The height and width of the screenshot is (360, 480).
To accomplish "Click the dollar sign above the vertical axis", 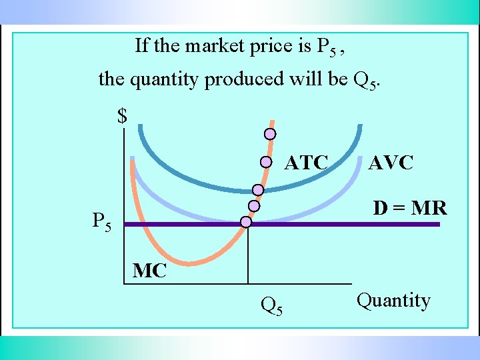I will click(x=122, y=117).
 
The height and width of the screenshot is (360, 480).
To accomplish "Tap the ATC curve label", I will click(x=306, y=163).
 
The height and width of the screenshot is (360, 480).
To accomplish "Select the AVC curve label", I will click(x=391, y=163).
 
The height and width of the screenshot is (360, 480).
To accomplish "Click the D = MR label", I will click(x=409, y=208).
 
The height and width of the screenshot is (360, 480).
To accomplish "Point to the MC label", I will click(x=149, y=271).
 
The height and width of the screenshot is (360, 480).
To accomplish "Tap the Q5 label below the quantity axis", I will click(x=271, y=306).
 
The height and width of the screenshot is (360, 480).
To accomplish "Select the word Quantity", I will click(x=393, y=301).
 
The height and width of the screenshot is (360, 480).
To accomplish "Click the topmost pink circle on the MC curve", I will click(x=269, y=133).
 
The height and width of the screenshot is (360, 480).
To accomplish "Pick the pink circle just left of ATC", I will click(x=265, y=161).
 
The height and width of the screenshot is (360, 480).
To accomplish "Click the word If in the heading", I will click(x=141, y=46).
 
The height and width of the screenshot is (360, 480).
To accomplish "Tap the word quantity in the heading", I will click(x=166, y=79).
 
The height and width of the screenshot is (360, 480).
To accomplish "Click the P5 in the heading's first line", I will click(x=326, y=47).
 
